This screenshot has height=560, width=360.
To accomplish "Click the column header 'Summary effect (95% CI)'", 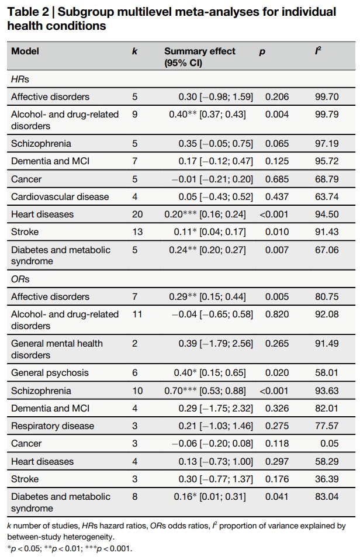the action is pos(200,57).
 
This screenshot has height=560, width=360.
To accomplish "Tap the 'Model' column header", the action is pos(25,51).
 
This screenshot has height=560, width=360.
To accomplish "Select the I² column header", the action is pos(317,51).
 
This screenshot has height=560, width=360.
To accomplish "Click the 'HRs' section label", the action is pos(20,79).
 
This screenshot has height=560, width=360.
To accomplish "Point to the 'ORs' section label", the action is pos(20,279).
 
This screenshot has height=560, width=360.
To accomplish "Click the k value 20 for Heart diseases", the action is pos(137,215).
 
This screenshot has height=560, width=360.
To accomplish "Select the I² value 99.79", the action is pos(327,115).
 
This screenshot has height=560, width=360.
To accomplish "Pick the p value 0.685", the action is pos(277,179).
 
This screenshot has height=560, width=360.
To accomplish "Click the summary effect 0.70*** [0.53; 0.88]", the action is pos(205,390).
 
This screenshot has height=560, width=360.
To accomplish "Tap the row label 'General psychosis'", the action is pos(50,373).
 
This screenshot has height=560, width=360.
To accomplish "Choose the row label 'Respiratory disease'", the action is pos(53,426).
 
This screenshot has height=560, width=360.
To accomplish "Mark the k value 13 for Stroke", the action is pos(137,232).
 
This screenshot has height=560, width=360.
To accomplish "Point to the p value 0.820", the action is pos(277,314).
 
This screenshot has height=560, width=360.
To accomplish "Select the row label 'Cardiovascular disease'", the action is pos(60,196).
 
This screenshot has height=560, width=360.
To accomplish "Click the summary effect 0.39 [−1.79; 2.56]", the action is pos(216,344).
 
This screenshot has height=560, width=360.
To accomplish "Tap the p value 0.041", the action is pos(277,496).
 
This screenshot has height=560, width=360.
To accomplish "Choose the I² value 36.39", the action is pos(327,479).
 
